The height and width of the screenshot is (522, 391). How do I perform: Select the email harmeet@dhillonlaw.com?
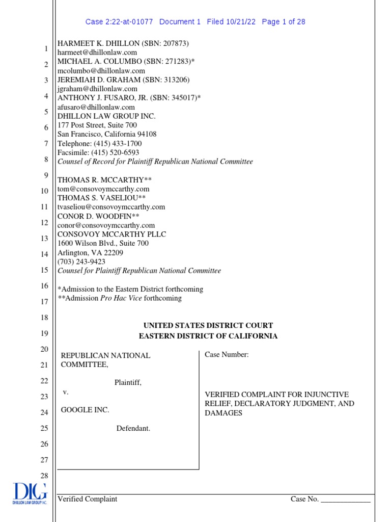click(x=97, y=53)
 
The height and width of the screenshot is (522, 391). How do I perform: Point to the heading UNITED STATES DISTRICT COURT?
click(x=208, y=325)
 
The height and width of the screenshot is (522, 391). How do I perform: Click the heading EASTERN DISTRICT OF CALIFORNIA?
click(x=208, y=336)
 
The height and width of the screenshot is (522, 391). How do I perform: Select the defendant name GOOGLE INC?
click(x=85, y=410)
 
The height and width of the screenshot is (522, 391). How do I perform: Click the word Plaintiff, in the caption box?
click(x=128, y=382)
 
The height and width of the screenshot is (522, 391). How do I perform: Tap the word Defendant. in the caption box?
click(x=133, y=428)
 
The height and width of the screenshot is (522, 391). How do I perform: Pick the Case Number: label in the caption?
click(x=227, y=355)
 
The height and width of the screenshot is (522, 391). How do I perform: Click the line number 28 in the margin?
click(x=44, y=476)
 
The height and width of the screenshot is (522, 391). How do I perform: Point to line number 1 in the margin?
click(x=46, y=49)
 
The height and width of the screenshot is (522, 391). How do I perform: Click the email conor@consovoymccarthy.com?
click(x=106, y=225)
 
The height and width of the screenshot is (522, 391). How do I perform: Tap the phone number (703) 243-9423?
click(x=81, y=262)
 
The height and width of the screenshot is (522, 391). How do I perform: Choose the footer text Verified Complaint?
click(x=87, y=499)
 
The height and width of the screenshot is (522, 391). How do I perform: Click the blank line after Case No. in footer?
click(x=346, y=500)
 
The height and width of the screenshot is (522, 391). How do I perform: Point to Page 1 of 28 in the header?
click(x=283, y=22)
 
